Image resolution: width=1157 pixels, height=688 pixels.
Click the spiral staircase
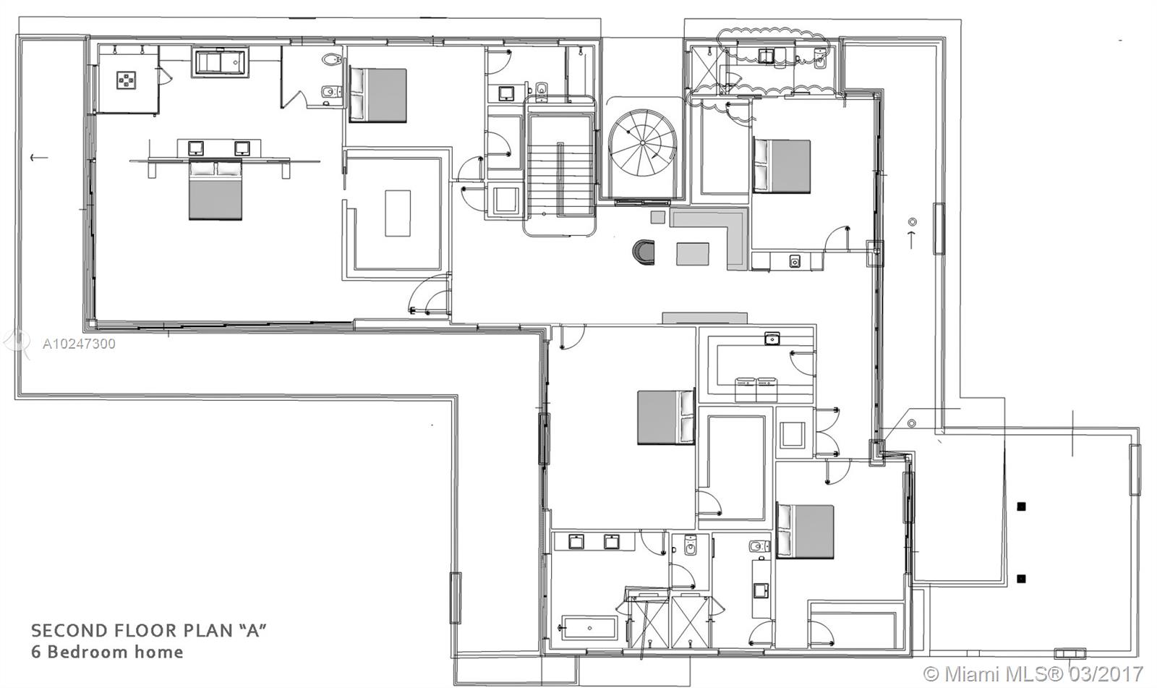[x=642, y=143]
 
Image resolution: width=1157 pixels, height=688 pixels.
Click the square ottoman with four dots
[x=127, y=80]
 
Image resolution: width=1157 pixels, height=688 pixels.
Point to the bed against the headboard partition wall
[x=215, y=190]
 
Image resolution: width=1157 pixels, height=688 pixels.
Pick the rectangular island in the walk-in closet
[x=398, y=213]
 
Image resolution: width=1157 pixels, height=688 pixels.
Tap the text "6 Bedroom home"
[x=108, y=653]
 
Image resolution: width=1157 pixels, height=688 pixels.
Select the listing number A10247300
[x=79, y=344]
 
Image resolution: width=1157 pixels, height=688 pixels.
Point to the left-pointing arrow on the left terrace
[x=39, y=157]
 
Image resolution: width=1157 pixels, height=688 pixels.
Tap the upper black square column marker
[x=1021, y=506]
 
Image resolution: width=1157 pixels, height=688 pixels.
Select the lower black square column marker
[x=1021, y=579]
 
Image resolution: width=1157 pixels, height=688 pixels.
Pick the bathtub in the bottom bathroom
[x=589, y=628]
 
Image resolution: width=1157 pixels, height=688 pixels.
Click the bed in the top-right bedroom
[x=782, y=166]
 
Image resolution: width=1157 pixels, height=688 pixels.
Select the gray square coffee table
[x=693, y=254]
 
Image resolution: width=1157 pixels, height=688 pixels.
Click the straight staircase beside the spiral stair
[x=560, y=166]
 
